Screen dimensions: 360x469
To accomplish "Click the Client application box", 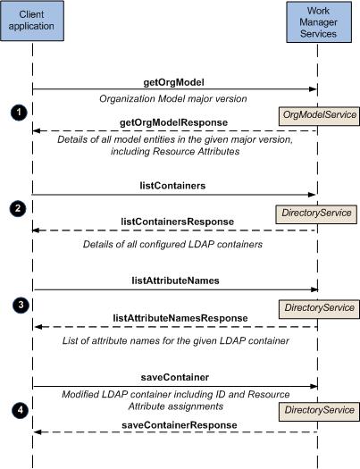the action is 32,21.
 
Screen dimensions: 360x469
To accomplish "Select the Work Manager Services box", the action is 319,21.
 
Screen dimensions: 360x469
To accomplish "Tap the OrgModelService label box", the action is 319,116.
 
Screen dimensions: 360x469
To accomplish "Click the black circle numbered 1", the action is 19,113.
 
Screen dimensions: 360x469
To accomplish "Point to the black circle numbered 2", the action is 18,208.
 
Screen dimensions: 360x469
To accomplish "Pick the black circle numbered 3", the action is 21,306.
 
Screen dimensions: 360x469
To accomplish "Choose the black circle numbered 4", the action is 20,410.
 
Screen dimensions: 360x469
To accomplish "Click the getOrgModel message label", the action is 173,82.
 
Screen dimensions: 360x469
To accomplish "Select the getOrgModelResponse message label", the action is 173,122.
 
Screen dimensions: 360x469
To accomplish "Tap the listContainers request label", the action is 172,186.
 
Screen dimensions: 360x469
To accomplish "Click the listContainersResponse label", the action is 177,222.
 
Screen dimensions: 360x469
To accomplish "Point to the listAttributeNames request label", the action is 175,281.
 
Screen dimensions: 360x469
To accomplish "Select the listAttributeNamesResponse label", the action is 180,318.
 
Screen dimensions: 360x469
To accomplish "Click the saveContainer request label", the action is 175,377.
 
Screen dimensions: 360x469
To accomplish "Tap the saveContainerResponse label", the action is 180,425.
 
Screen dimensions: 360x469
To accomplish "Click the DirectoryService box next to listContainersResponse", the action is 316,214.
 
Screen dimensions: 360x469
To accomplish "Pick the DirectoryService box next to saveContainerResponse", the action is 319,412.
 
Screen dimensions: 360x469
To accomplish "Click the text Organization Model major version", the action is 173,98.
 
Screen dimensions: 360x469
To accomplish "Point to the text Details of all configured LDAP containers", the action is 172,245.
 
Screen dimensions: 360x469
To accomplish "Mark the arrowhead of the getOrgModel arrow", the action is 313,89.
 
